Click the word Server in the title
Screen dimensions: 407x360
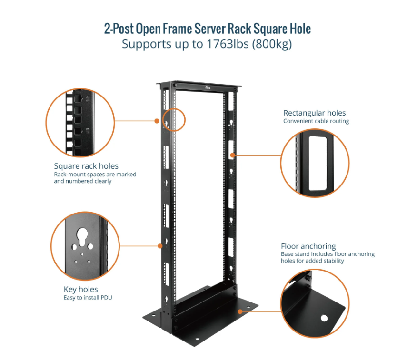210,29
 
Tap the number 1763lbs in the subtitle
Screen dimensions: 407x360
228,44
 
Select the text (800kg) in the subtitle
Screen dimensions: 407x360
272,44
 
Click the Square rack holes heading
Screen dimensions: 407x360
86,166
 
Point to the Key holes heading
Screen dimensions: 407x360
81,289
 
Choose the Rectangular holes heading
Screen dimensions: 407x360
315,113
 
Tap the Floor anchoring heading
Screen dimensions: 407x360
308,246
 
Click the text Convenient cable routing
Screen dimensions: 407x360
316,121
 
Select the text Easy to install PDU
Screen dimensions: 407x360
88,298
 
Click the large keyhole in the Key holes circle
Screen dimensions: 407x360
82,236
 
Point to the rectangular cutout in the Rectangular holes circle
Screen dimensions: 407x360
318,164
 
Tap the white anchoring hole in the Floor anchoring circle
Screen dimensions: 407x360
324,318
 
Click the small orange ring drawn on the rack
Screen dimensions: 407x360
174,120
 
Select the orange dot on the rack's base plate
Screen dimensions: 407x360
240,311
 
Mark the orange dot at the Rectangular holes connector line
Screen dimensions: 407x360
233,155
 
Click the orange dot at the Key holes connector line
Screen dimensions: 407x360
160,246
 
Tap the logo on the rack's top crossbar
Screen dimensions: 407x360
208,88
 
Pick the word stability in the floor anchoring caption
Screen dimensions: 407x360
333,261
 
